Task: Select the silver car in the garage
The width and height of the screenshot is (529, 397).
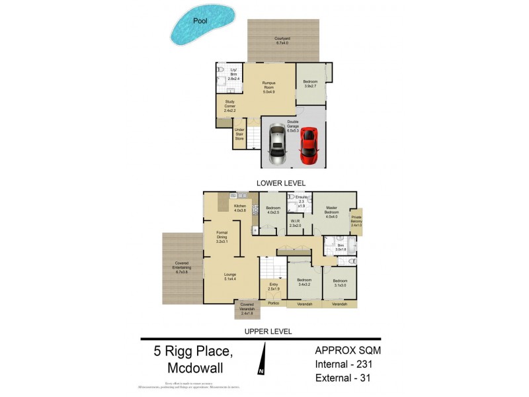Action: click(x=277, y=146)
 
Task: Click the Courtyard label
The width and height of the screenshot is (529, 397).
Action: click(x=283, y=40)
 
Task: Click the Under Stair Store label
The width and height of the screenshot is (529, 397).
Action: click(x=239, y=135)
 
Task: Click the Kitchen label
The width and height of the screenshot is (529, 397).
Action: click(x=240, y=208)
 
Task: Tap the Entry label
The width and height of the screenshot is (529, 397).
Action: click(x=273, y=287)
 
